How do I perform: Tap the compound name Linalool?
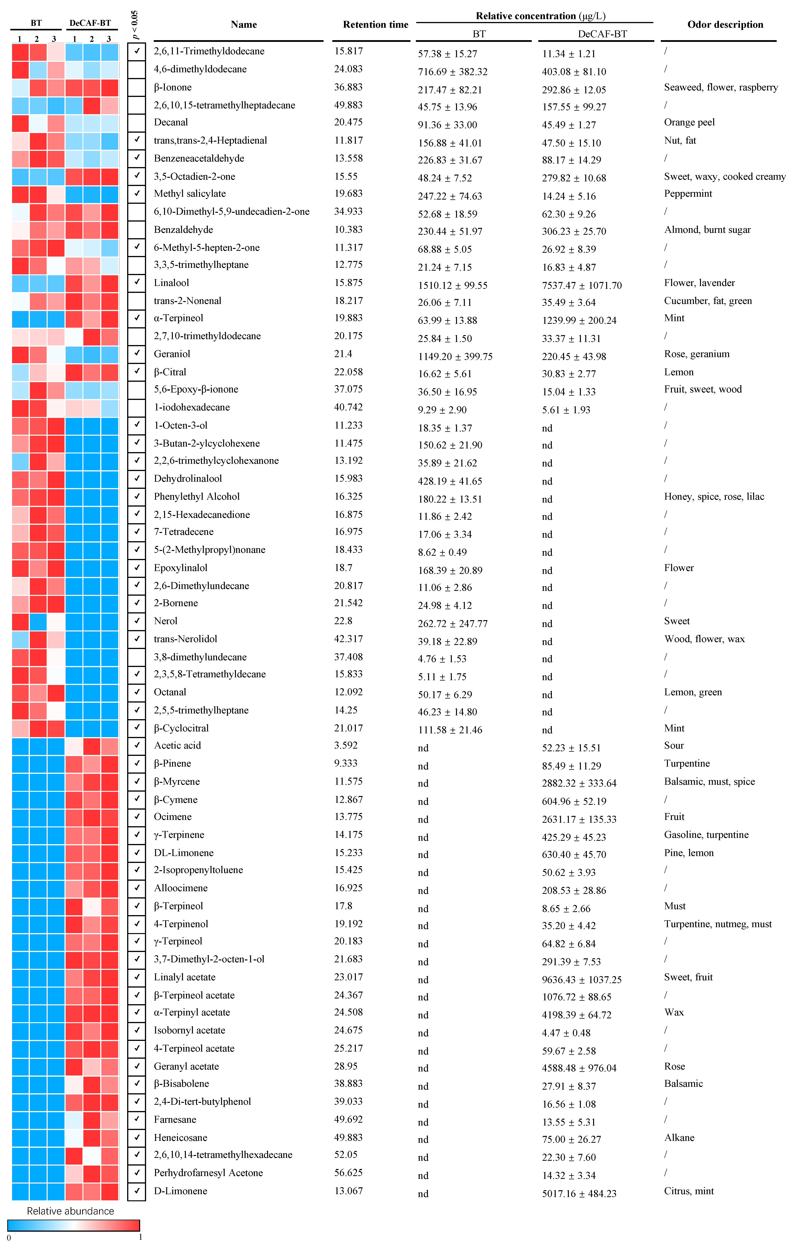tap(171, 283)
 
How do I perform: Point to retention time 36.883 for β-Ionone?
tap(348, 87)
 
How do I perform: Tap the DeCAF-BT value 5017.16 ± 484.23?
tap(579, 1193)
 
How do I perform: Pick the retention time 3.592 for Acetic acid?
tap(346, 745)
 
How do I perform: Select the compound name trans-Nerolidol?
tap(185, 638)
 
